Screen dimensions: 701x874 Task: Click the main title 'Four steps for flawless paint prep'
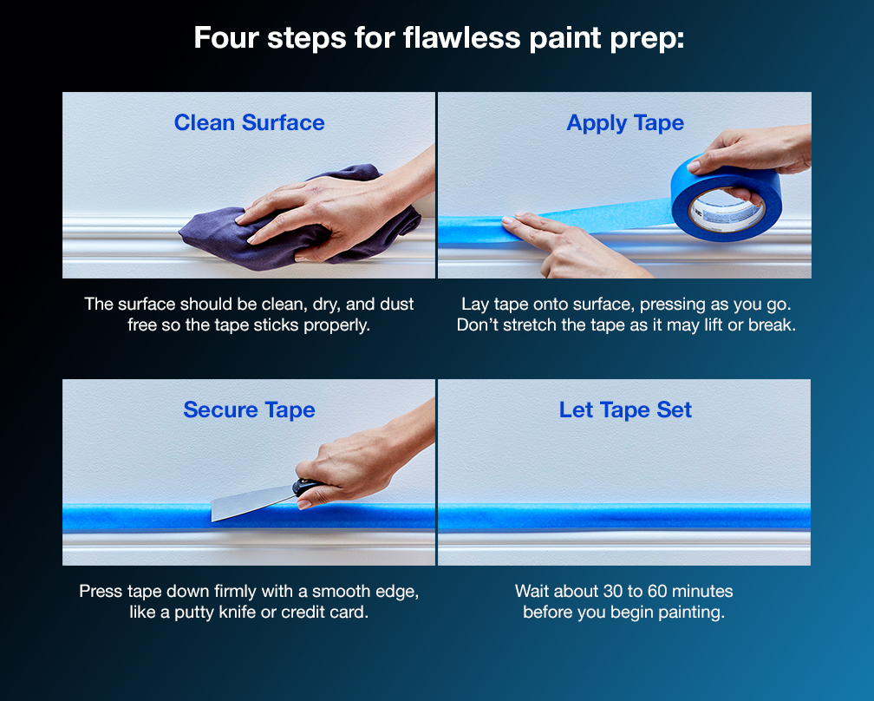point(438,39)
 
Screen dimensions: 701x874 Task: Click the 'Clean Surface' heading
point(249,123)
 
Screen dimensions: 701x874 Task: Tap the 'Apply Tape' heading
point(625,123)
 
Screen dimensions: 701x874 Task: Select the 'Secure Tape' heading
point(249,409)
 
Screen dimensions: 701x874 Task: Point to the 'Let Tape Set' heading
point(625,409)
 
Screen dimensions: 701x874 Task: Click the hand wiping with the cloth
point(312,208)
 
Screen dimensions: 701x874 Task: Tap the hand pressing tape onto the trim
point(564,243)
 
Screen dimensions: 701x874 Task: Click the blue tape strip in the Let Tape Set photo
point(624,517)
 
